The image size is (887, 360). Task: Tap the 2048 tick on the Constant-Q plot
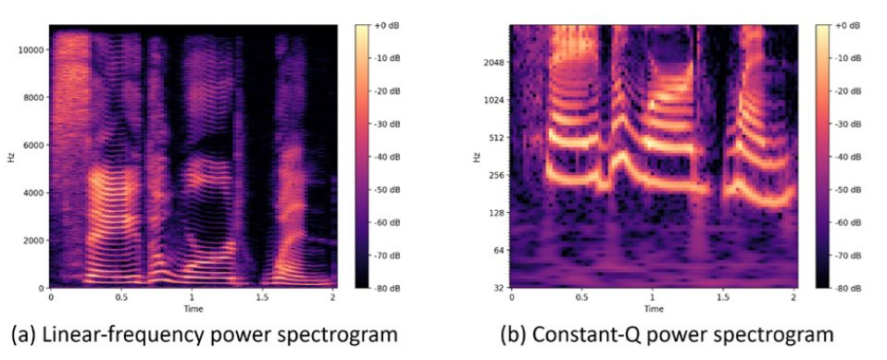496,62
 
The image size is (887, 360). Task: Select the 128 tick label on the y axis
498,213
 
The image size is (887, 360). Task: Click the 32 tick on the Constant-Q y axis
501,288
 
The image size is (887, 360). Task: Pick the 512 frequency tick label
498,137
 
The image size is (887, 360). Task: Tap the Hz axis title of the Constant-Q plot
476,156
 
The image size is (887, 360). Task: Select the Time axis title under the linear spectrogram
193,308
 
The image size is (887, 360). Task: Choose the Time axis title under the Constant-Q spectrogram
654,308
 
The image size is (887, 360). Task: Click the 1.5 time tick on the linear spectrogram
262,297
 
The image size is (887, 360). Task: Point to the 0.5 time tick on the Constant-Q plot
582,297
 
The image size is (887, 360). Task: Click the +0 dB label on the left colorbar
386,25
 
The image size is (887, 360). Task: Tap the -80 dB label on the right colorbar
847,288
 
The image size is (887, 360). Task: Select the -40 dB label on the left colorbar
386,157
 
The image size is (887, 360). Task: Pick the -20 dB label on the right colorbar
847,91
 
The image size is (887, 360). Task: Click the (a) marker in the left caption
25,335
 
